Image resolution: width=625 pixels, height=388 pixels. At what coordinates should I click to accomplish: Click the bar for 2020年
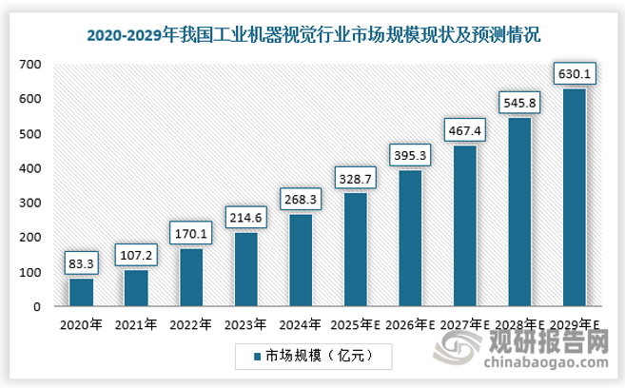(81, 292)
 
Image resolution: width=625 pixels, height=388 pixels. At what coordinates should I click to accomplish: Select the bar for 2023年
(246, 269)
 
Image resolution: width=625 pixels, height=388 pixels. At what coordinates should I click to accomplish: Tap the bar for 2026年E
(411, 238)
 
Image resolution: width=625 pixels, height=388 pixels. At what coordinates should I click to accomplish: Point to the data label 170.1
(190, 233)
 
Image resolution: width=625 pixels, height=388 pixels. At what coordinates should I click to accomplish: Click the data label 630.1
(575, 73)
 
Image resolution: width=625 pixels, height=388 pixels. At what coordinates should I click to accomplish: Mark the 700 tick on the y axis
(31, 65)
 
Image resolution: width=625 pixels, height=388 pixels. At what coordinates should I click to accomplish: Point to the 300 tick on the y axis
(31, 204)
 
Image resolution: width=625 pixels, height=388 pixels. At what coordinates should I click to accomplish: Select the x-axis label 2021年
(136, 324)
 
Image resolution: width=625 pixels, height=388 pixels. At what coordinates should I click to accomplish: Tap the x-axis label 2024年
(301, 324)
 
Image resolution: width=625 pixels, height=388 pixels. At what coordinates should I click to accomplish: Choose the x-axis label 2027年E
(465, 324)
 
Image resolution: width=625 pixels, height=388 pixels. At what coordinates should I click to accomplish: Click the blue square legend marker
(259, 356)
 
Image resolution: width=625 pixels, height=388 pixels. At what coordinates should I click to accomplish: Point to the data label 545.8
(520, 100)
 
